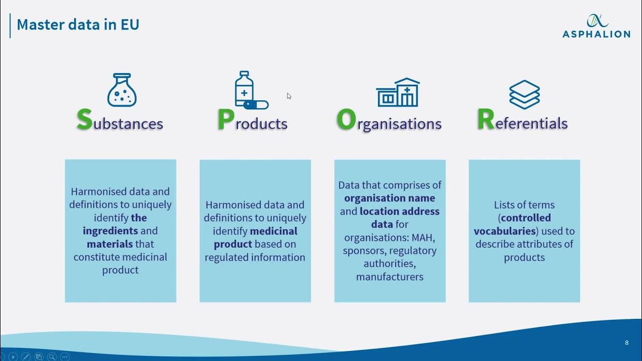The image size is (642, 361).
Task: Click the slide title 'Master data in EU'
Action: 78,25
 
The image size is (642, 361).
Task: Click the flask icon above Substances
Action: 122,90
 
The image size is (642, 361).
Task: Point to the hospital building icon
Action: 398,92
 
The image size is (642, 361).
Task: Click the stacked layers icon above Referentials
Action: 524,94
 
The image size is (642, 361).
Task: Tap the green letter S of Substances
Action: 84,120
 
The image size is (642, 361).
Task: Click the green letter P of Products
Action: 226,120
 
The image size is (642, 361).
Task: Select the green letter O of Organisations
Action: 346,120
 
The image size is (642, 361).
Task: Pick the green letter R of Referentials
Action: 485,120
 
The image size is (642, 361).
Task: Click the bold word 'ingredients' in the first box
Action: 110,231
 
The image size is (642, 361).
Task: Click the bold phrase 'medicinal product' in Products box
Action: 255,238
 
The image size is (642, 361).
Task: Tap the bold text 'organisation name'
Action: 389,198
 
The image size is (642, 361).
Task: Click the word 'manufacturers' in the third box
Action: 390,277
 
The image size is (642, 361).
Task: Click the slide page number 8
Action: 626,343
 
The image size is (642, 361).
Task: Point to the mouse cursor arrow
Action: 289,96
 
